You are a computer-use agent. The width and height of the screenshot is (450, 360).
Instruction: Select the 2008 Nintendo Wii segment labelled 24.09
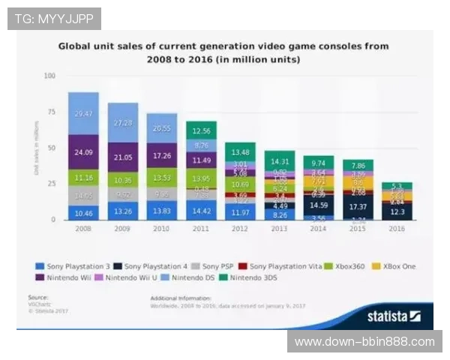(82, 151)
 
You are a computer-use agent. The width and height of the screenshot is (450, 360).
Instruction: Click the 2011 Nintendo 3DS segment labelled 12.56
(201, 130)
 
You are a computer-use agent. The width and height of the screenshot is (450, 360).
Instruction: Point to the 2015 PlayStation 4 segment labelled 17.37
(358, 206)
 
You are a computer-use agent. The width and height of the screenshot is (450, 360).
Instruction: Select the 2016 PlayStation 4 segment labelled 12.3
(398, 212)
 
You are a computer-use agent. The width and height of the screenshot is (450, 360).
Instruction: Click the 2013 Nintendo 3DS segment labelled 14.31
(280, 160)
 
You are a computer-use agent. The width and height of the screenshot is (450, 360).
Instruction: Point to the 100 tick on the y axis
(50, 76)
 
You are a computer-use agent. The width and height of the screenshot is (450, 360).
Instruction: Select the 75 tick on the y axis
(52, 112)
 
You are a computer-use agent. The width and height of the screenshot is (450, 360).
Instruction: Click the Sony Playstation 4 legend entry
(154, 266)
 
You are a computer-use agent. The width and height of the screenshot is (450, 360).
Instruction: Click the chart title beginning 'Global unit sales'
(223, 52)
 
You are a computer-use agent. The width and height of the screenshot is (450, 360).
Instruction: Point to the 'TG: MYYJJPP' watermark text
(54, 18)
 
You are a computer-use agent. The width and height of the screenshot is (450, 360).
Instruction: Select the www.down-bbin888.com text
(364, 342)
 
